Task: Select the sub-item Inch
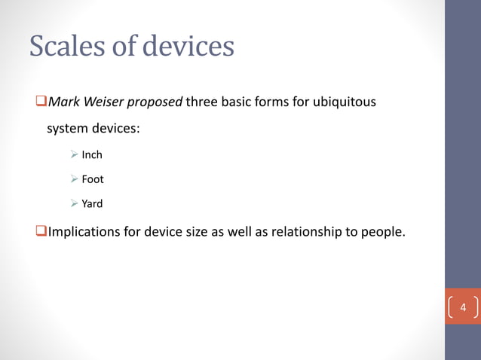pyautogui.click(x=92, y=155)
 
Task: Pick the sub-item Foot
pyautogui.click(x=93, y=179)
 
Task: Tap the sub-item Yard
pyautogui.click(x=92, y=203)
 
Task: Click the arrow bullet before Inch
pyautogui.click(x=75, y=155)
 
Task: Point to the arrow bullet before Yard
pyautogui.click(x=75, y=203)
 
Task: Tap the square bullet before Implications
pyautogui.click(x=41, y=231)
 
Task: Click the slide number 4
pyautogui.click(x=464, y=309)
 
